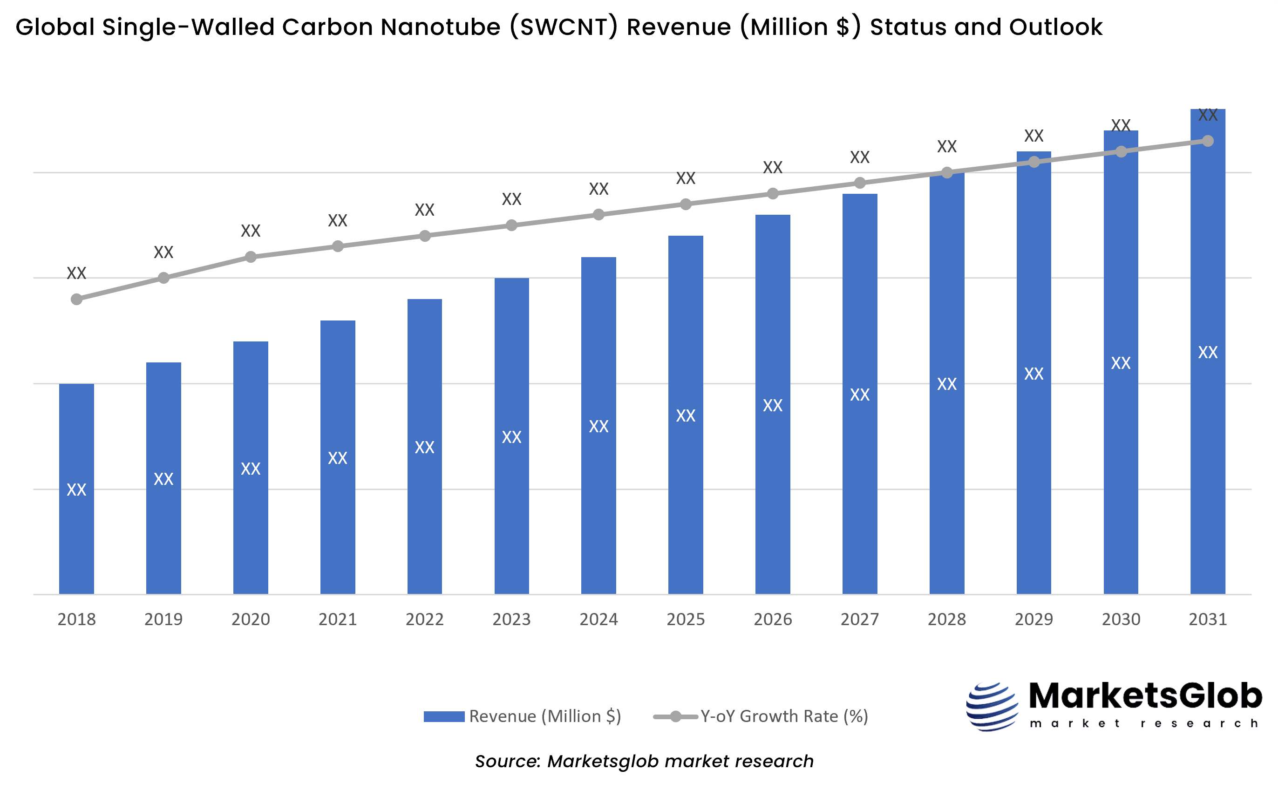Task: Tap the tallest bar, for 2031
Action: click(x=1207, y=425)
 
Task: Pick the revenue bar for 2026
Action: click(x=773, y=478)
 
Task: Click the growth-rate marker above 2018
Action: click(x=76, y=300)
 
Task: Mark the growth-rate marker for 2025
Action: click(x=686, y=204)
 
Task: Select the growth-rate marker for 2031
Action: click(x=1208, y=141)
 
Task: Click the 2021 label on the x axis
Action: click(x=338, y=620)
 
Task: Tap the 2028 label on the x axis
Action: click(x=947, y=620)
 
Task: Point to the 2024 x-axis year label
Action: click(x=598, y=620)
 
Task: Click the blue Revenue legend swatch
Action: click(x=444, y=717)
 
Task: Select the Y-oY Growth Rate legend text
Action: click(x=784, y=716)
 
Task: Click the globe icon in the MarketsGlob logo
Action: click(x=992, y=707)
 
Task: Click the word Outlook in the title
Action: click(x=1055, y=27)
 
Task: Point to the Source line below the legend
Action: click(x=644, y=761)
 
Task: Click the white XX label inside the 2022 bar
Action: click(x=424, y=447)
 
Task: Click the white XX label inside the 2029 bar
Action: click(x=1033, y=374)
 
